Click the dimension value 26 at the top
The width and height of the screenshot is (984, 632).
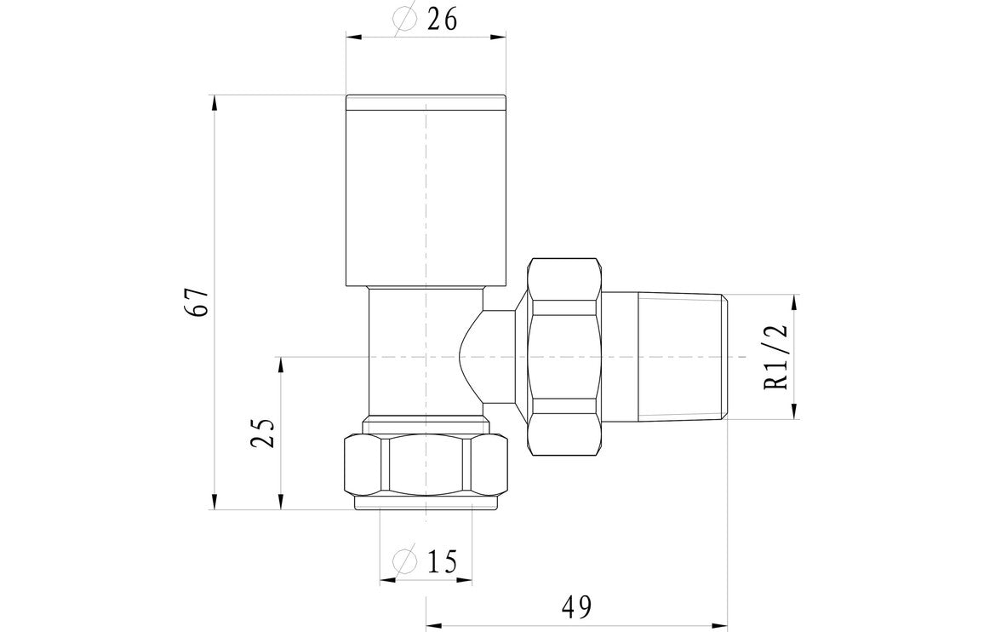[x=441, y=19]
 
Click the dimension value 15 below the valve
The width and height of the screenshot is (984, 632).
[x=441, y=561]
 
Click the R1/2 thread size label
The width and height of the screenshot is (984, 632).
[x=777, y=356]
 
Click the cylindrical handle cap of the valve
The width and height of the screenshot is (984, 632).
[x=426, y=192]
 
